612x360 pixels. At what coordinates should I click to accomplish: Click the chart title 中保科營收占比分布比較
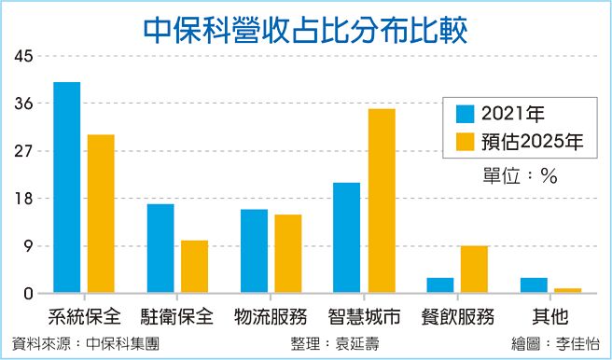pos(306,27)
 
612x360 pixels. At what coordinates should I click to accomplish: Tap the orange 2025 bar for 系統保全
pos(101,215)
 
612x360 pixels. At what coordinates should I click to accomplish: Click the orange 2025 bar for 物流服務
pos(287,255)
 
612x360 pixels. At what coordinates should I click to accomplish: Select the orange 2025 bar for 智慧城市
pos(381,201)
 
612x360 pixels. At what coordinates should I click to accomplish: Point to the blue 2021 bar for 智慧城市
pos(347,239)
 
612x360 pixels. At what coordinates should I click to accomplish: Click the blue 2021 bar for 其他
pos(534,285)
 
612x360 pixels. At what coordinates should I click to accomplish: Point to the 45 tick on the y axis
pos(22,56)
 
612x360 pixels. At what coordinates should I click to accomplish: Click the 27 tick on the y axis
pos(22,151)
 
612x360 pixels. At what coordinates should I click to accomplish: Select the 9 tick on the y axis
pos(27,246)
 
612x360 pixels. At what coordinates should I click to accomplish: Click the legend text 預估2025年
pos(533,143)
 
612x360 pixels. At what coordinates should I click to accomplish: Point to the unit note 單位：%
pos(519,176)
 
